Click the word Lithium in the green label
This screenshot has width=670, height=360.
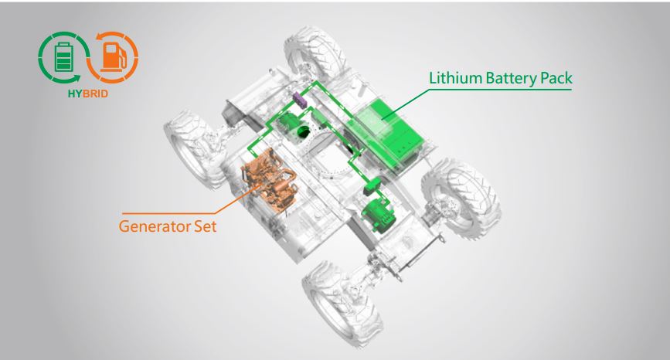click(x=455, y=78)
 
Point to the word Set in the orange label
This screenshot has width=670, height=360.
click(x=206, y=226)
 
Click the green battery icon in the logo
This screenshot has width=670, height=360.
click(x=64, y=57)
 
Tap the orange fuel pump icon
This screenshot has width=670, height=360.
click(x=114, y=57)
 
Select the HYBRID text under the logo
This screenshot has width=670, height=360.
click(x=88, y=93)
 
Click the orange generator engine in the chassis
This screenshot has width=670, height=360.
click(x=269, y=180)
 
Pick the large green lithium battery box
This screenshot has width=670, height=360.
click(x=386, y=132)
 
